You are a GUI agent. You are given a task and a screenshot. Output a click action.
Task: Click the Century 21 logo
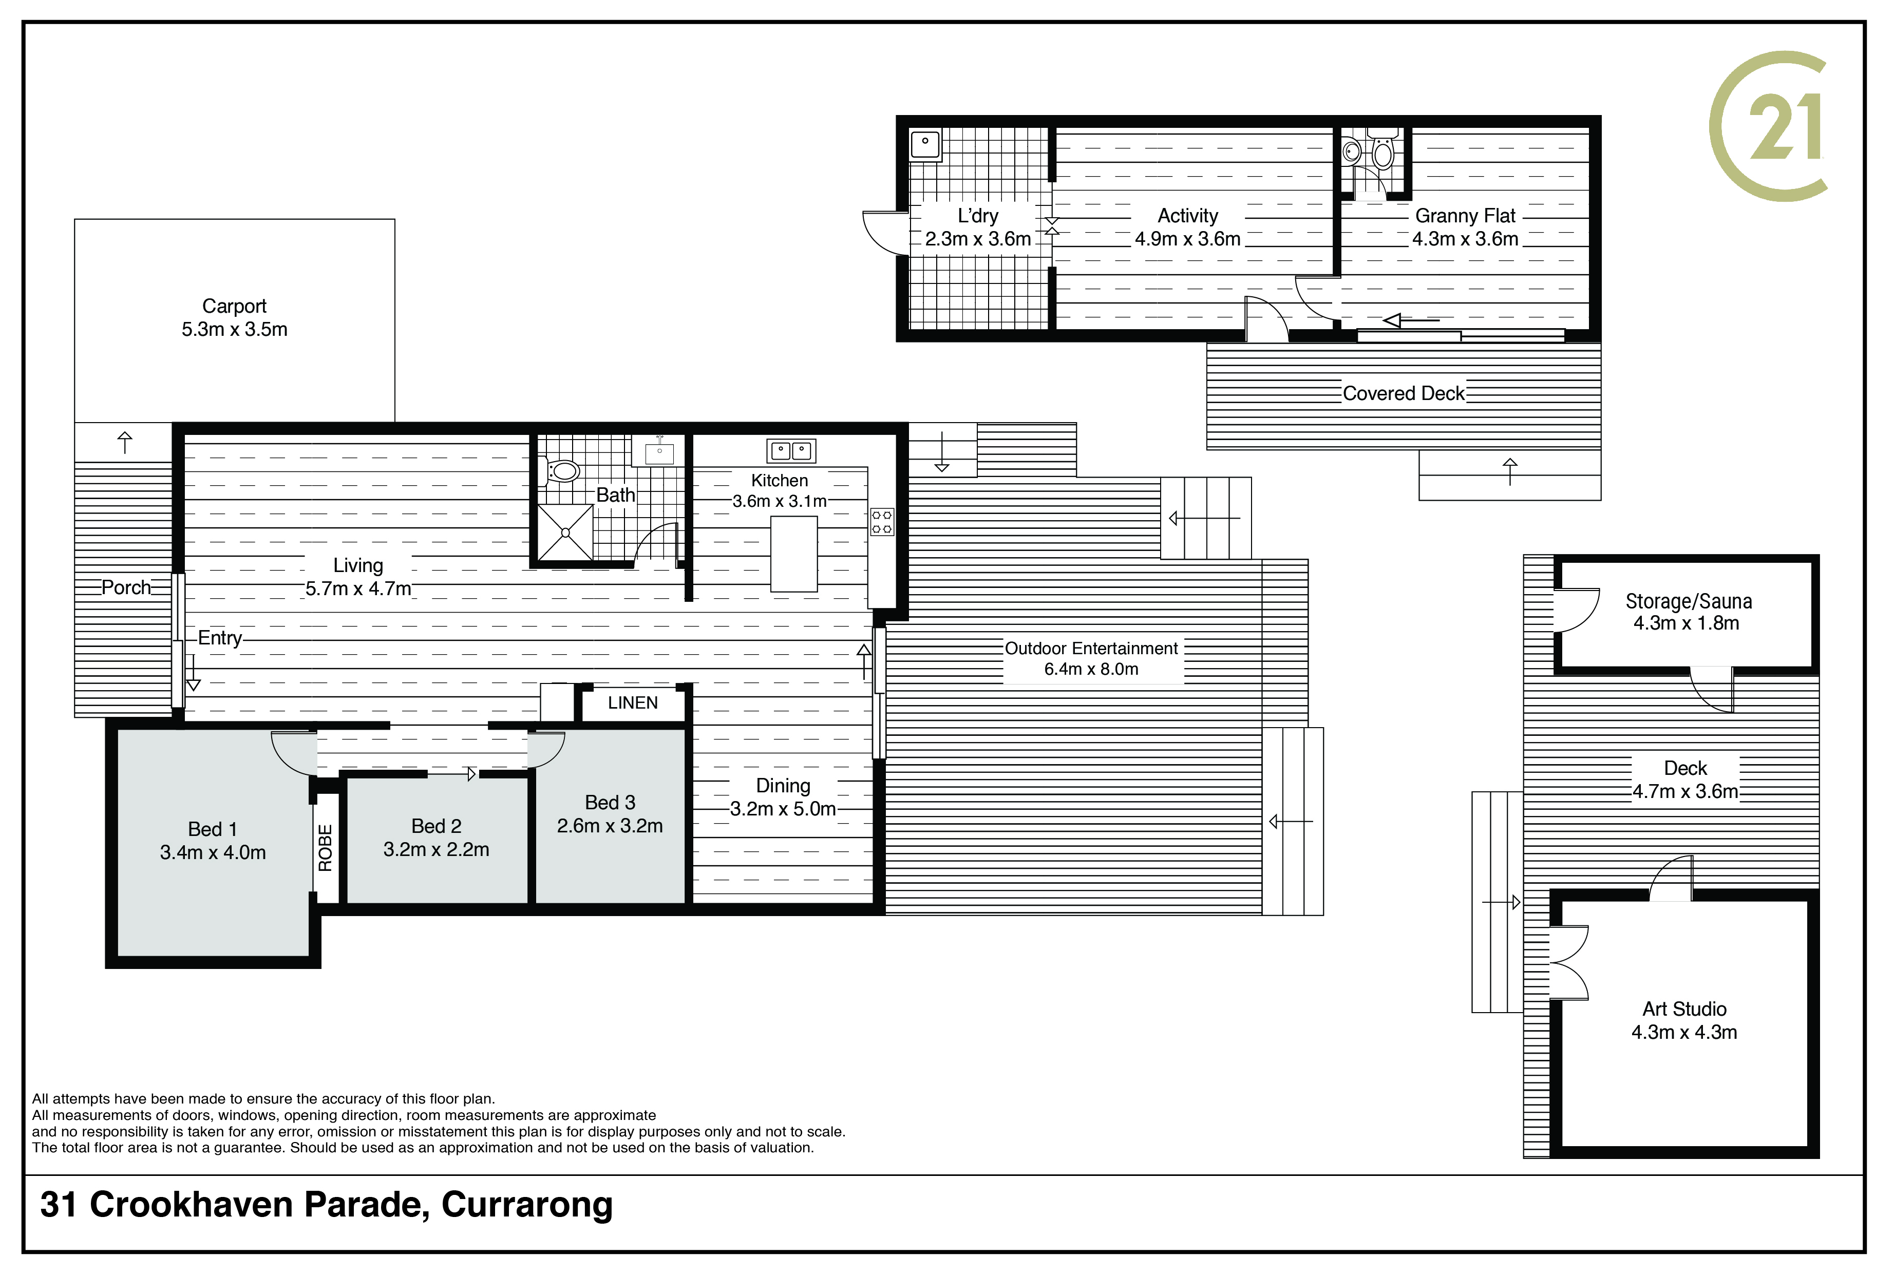point(1768,126)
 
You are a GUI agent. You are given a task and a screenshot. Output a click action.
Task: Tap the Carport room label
point(234,307)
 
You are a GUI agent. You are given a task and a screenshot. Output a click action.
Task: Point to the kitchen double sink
point(790,450)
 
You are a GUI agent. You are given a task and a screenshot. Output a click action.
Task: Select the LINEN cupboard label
point(633,703)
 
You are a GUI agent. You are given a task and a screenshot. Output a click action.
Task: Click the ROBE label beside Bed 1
point(326,847)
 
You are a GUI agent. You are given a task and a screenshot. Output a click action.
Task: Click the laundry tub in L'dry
point(925,145)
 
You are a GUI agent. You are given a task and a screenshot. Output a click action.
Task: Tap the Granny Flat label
point(1465,216)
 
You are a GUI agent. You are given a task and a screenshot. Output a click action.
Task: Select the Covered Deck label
point(1403,394)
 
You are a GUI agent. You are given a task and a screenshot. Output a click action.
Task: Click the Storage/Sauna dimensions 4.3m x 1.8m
point(1686,623)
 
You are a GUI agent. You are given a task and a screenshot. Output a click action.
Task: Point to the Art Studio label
point(1684,1009)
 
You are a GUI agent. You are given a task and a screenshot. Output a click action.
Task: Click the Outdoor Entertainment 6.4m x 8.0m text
point(1091,659)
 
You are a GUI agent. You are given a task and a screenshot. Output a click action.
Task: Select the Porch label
point(126,587)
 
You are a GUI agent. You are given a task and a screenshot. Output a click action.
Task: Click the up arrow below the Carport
point(124,443)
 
